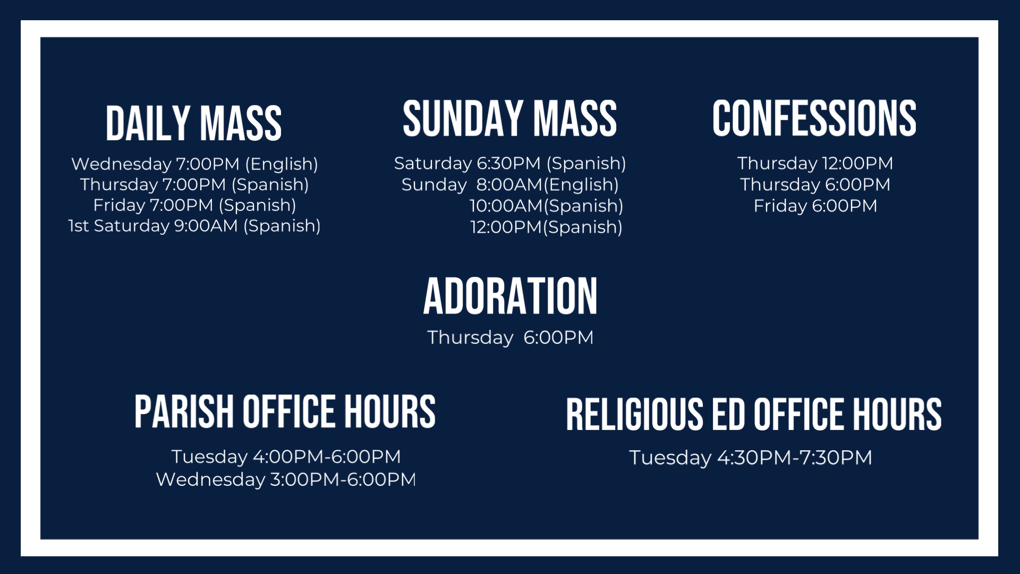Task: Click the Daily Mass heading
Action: coord(193,123)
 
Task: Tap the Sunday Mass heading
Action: coord(509,119)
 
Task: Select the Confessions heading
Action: coord(814,118)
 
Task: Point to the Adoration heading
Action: coord(510,296)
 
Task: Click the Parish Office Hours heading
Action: coord(285,411)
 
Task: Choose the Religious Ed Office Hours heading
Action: coord(754,414)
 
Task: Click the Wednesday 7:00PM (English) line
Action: coord(194,164)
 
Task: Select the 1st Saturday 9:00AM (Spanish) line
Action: coord(194,226)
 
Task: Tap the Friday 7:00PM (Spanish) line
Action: coord(194,205)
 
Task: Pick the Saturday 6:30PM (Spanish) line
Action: coord(510,164)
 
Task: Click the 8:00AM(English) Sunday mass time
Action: coord(547,185)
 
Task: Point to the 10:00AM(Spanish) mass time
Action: coord(546,206)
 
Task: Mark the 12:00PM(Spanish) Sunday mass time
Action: coord(546,227)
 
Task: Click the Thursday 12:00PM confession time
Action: coord(815,163)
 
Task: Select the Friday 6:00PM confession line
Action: coord(815,206)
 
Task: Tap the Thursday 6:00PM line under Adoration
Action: coord(510,337)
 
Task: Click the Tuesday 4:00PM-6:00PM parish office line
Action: coord(286,457)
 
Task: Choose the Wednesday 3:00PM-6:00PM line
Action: coord(286,479)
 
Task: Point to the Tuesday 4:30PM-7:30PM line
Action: coord(751,458)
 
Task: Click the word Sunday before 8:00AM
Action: coord(434,185)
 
